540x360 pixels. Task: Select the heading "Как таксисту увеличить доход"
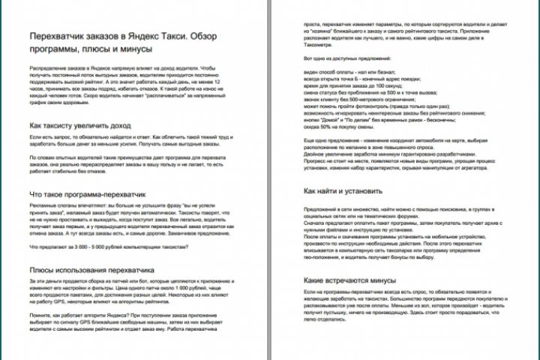pyautogui.click(x=79, y=125)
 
